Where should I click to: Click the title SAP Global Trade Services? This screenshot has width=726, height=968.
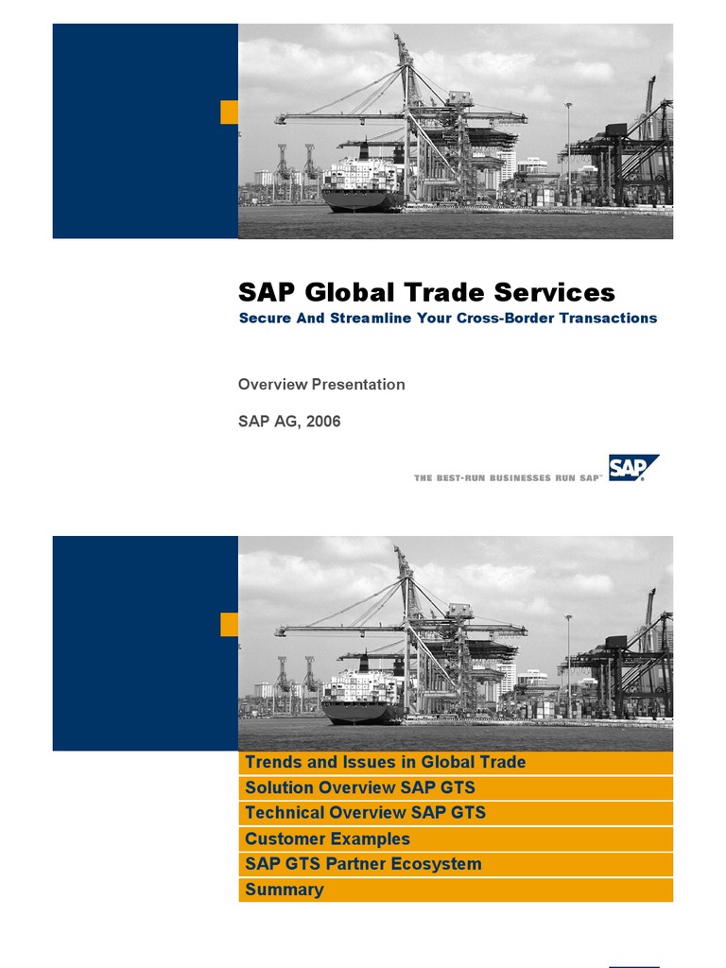click(426, 292)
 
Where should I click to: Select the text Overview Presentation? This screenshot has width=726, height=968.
click(321, 385)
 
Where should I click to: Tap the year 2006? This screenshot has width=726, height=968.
click(322, 422)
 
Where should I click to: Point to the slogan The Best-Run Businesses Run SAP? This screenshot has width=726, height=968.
click(508, 478)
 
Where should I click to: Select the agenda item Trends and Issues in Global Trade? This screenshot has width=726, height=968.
click(385, 762)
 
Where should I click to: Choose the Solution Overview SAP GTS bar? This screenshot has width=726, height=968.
click(359, 787)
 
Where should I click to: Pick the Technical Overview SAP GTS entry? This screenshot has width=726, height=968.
click(365, 813)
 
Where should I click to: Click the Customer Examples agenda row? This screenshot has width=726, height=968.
click(327, 838)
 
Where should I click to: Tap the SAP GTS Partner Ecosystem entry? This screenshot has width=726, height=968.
click(363, 864)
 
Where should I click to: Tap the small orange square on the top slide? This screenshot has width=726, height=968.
click(229, 112)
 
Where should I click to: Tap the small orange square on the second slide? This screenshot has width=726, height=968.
click(229, 624)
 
